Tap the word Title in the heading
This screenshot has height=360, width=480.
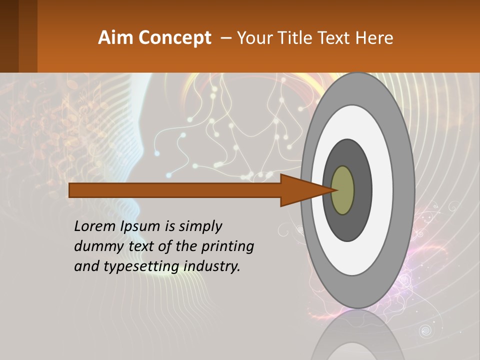tap(297, 38)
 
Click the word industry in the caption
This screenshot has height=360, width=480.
tap(212, 266)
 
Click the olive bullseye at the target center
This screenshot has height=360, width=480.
tap(343, 190)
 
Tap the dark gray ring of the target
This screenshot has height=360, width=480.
tap(362, 190)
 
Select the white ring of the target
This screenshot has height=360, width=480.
tap(382, 190)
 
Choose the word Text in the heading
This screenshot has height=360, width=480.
tap(336, 38)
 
